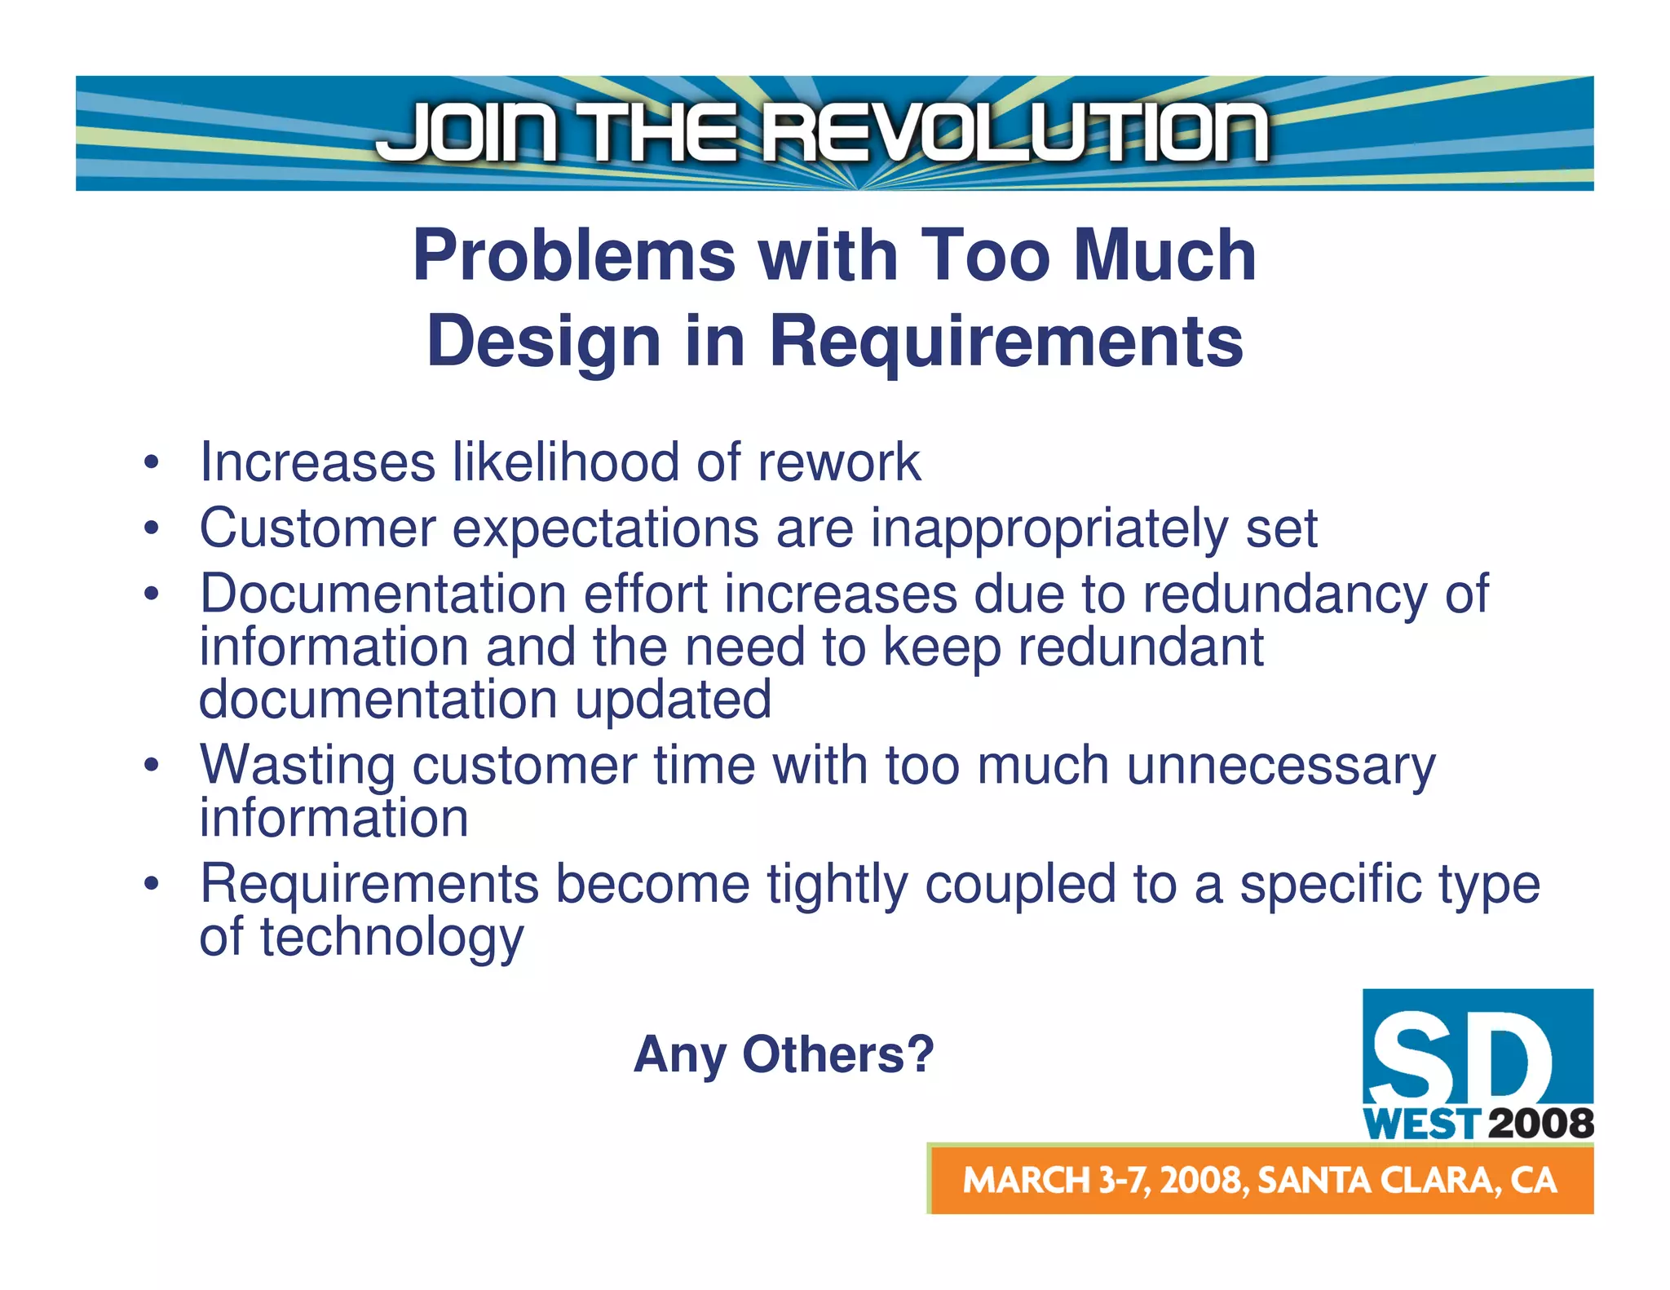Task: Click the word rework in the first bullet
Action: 839,462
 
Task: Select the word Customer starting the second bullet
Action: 317,528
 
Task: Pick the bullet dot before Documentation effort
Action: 150,594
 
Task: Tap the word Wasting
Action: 298,766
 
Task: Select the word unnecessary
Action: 1281,766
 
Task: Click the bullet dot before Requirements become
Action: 150,884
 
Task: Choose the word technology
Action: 391,938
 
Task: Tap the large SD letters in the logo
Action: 1460,1058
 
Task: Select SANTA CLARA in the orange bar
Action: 1374,1181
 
